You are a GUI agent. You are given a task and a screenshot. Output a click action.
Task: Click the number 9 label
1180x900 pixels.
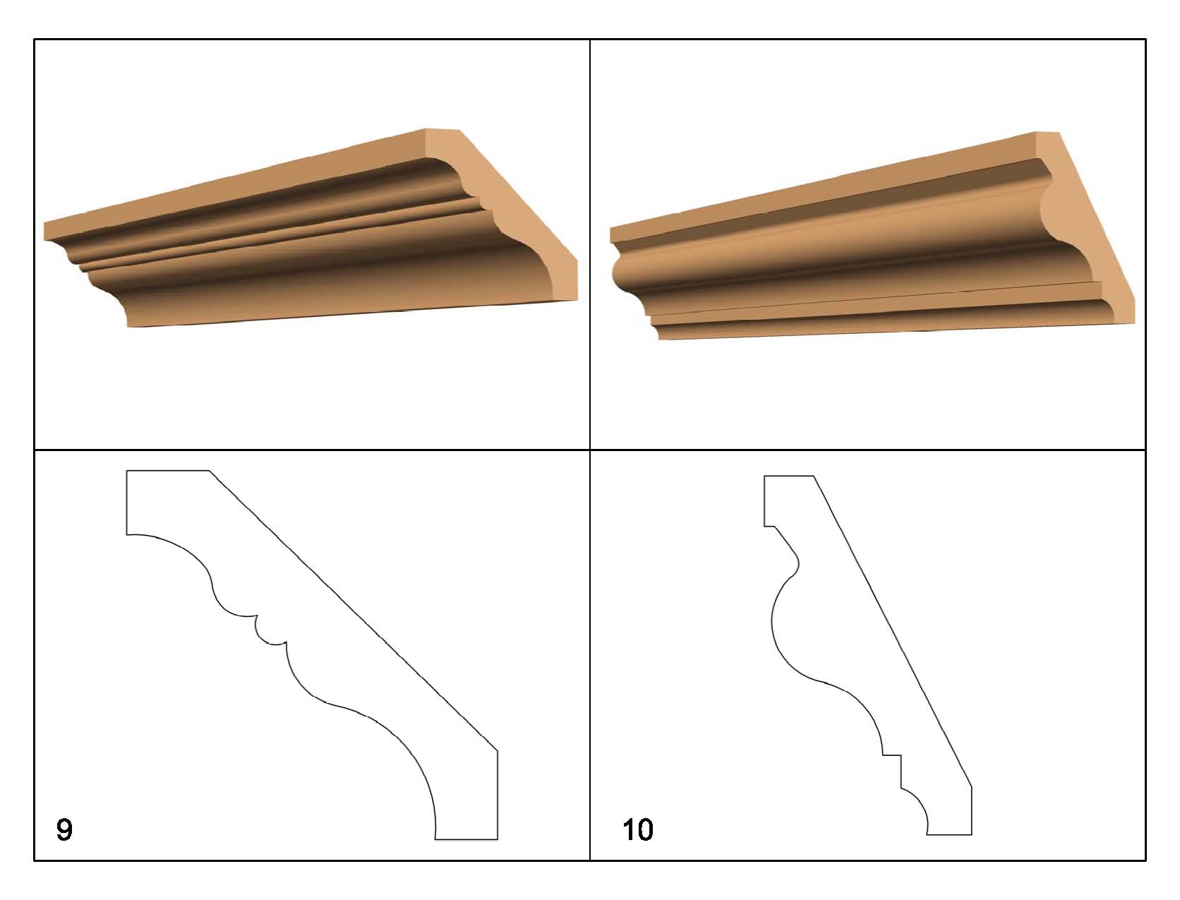tap(64, 829)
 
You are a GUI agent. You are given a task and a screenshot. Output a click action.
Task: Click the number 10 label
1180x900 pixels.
tap(638, 829)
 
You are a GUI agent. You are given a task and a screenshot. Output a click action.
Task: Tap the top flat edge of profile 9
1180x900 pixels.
tap(168, 470)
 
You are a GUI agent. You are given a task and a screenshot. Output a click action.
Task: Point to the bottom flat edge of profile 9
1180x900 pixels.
tap(466, 839)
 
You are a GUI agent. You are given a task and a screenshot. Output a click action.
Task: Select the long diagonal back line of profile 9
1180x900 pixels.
tap(353, 611)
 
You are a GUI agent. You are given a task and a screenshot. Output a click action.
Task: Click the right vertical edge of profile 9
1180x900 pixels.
tap(498, 794)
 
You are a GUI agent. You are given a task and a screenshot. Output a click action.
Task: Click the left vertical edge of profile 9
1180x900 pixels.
tap(127, 502)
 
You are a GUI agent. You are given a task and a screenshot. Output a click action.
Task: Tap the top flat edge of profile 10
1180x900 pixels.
tap(789, 476)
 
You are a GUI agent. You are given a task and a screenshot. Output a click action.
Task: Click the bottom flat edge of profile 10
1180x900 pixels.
tap(949, 834)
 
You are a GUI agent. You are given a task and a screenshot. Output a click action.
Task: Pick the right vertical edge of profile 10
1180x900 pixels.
tap(971, 810)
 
